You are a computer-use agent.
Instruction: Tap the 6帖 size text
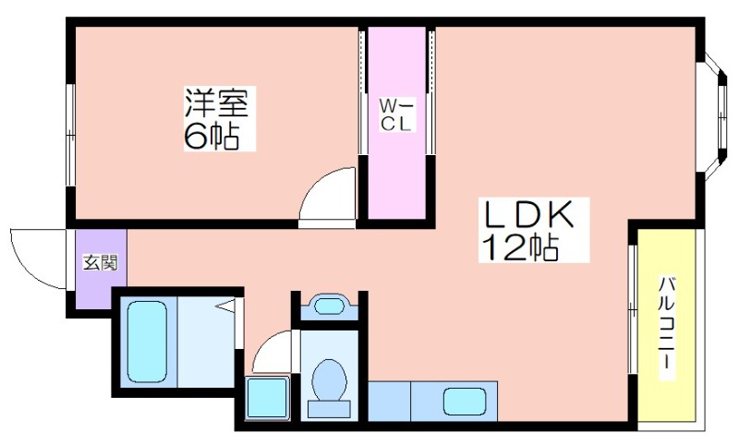click(212, 137)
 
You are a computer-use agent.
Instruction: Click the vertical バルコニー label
click(665, 328)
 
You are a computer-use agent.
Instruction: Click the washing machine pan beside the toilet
click(268, 398)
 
